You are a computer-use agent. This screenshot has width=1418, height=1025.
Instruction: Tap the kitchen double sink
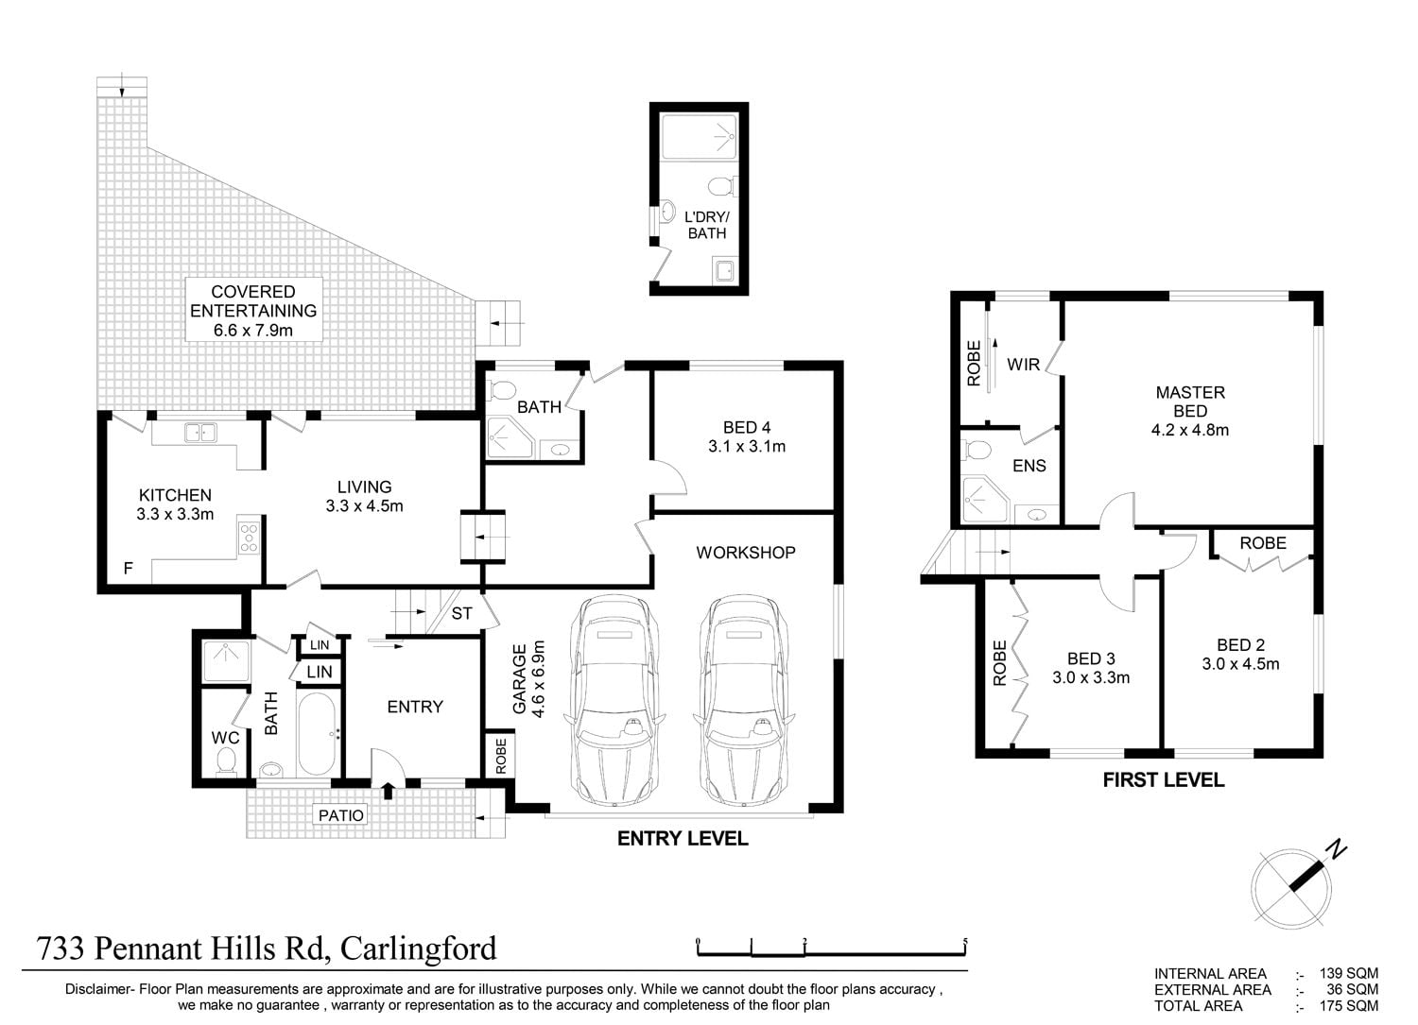[x=200, y=433]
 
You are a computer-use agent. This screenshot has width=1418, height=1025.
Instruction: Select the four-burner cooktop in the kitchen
[x=249, y=538]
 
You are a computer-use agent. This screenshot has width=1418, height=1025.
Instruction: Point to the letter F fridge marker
[x=128, y=568]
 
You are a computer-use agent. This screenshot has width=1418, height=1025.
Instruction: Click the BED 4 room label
[x=747, y=428]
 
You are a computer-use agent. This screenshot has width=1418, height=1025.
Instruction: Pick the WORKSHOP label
[x=746, y=553]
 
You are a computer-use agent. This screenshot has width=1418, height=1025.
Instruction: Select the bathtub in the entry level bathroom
[x=317, y=734]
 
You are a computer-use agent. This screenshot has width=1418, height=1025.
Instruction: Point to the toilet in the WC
[x=225, y=761]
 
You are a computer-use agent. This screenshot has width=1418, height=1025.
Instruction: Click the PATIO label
[x=341, y=815]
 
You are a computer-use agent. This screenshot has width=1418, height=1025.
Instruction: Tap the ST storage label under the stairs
[x=461, y=613]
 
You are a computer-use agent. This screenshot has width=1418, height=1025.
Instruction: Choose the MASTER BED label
[x=1190, y=401]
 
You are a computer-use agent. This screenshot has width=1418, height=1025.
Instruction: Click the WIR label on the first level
[x=1024, y=365]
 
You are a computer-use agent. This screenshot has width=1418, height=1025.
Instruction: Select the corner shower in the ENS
[x=983, y=499]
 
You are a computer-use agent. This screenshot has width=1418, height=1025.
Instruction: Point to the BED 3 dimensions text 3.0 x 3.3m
[x=1091, y=677]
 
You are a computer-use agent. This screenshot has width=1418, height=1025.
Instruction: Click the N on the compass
[x=1337, y=849]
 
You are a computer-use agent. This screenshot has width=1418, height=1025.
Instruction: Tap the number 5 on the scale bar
[x=965, y=941]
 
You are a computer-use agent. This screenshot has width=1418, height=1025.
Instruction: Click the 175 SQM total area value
[x=1348, y=1005]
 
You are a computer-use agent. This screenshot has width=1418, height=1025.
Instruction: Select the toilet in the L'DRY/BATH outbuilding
[x=721, y=187]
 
